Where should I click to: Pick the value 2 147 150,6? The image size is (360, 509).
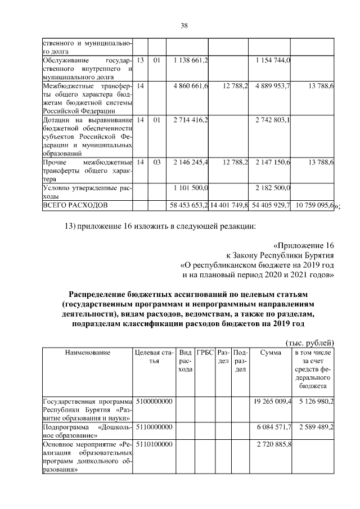(x=272, y=163)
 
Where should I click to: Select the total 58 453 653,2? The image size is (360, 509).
(x=189, y=205)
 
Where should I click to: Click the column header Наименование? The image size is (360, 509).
(x=87, y=353)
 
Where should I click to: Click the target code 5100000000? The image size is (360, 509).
(x=153, y=402)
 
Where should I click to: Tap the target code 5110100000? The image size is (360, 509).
(x=153, y=444)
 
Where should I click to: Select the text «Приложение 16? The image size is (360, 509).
(x=304, y=246)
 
